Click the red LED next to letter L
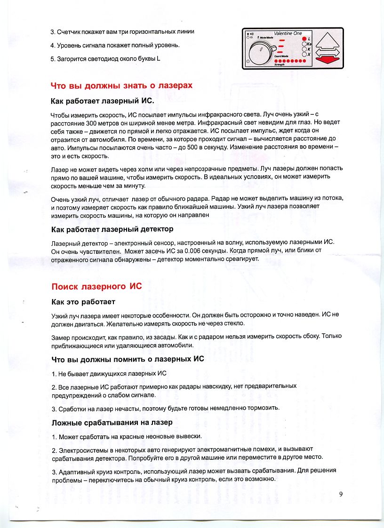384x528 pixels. (304, 38)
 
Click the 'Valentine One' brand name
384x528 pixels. (288, 33)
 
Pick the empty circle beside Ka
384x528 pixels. (304, 44)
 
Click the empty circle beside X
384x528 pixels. (304, 55)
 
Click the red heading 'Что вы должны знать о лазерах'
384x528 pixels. (121, 86)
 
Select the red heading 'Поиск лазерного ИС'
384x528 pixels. (96, 286)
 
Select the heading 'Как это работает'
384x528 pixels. (83, 301)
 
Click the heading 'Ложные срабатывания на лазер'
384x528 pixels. (112, 423)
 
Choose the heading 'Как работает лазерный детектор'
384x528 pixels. (112, 229)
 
